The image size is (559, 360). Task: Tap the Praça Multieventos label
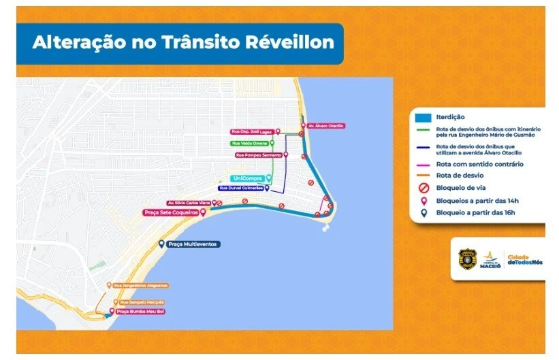pos(194,244)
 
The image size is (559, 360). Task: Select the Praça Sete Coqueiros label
pos(170,212)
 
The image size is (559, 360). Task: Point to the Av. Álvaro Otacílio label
pos(326,126)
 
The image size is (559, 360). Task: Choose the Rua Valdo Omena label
pos(249,144)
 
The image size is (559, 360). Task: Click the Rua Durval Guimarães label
pos(241,189)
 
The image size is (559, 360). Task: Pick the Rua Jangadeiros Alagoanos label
pos(140,285)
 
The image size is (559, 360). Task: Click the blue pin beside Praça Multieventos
pos(161,244)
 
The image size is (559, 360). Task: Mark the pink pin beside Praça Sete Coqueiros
pos(203,212)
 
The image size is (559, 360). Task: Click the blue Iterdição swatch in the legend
pos(423,117)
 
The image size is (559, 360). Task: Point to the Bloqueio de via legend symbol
pos(424,187)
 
